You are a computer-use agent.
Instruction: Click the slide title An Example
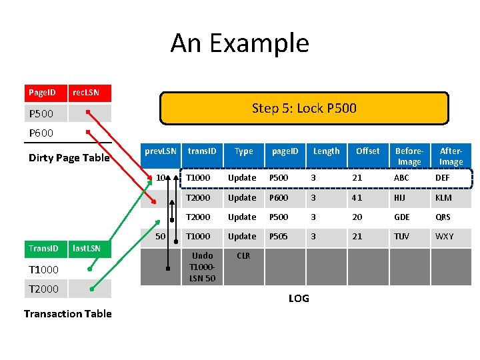(239, 43)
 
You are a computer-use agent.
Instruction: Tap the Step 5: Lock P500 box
(304, 108)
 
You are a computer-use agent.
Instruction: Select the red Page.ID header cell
(46, 93)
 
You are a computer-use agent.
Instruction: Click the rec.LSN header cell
(90, 93)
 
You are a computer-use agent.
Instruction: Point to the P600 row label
(41, 133)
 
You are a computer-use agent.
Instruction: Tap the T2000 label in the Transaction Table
(44, 289)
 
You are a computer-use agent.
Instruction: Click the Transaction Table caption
(67, 313)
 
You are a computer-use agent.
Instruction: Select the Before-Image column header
(409, 156)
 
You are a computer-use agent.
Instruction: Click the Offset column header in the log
(367, 151)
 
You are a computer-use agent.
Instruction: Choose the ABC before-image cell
(402, 178)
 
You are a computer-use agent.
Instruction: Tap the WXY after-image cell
(444, 237)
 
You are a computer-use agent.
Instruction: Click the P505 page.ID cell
(281, 237)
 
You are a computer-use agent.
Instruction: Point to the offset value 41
(357, 198)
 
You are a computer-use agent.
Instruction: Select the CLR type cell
(243, 256)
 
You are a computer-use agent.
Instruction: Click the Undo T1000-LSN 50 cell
(202, 267)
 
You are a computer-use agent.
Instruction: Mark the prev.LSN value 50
(160, 237)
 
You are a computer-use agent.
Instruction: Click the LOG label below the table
(299, 298)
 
